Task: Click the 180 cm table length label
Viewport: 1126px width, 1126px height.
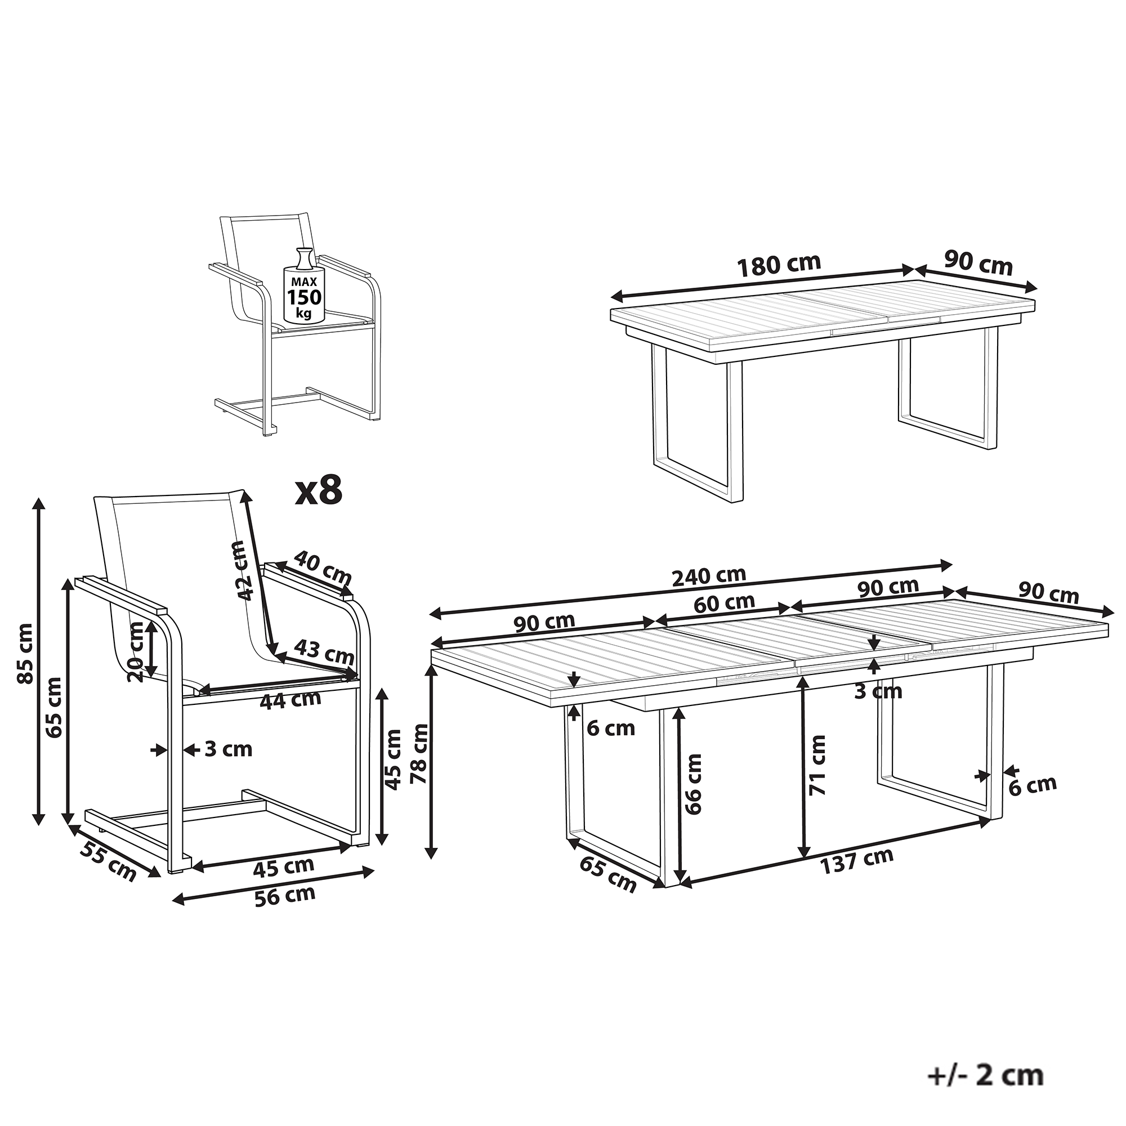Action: click(x=779, y=265)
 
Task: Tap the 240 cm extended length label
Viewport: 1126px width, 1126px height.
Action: click(x=709, y=576)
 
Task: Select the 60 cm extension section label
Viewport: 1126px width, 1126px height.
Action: click(x=725, y=601)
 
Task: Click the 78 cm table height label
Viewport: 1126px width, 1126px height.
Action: click(x=419, y=752)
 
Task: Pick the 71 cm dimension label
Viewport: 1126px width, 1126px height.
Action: click(x=817, y=765)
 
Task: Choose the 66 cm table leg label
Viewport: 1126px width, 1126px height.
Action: click(x=694, y=784)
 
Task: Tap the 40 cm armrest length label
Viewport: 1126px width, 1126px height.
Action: click(x=322, y=568)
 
